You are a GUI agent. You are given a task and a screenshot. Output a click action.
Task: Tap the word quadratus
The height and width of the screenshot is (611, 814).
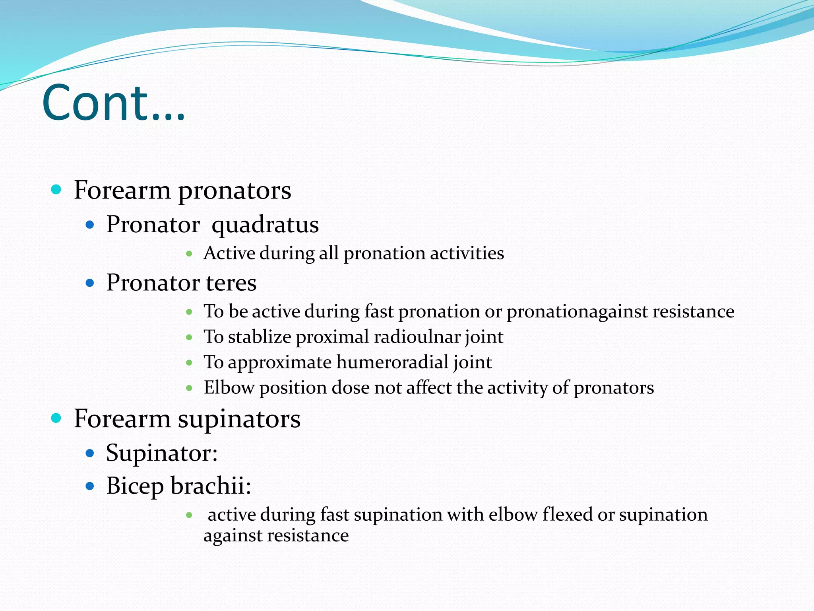[x=265, y=225]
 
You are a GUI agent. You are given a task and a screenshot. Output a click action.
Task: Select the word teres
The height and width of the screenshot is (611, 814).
[x=231, y=283]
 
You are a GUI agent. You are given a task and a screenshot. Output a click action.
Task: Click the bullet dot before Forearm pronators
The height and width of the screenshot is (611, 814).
[x=56, y=189]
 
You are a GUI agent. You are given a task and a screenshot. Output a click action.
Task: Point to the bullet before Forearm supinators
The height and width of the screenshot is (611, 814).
[x=56, y=418]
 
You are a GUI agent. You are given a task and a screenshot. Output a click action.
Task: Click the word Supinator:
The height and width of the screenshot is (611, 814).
[x=162, y=453]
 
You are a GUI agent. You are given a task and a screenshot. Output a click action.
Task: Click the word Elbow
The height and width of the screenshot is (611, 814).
[x=229, y=387]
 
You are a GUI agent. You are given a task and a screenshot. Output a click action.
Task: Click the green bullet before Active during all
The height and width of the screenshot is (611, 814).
[x=189, y=253]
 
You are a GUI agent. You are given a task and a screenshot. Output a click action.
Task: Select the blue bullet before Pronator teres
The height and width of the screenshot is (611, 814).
[x=90, y=283]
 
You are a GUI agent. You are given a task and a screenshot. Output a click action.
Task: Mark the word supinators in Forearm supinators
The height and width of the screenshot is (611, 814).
[x=239, y=419]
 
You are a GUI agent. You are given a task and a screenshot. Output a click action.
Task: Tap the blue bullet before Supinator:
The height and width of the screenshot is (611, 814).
[x=90, y=453]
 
